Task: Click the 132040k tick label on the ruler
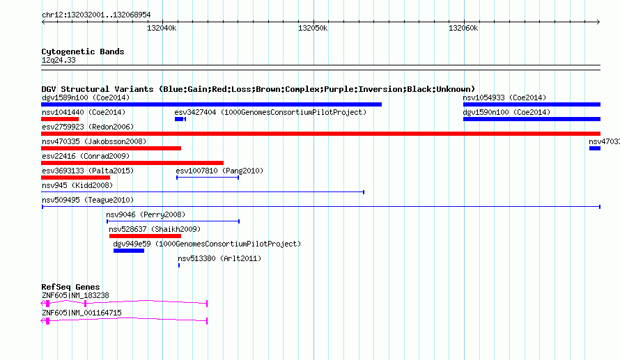(x=162, y=28)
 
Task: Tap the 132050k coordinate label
(x=313, y=28)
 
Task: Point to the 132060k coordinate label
(x=463, y=28)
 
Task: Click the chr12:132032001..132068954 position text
(x=96, y=15)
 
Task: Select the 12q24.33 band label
(x=59, y=60)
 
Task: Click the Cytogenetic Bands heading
(x=83, y=52)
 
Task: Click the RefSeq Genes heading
(x=70, y=287)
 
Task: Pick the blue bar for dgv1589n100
(x=212, y=104)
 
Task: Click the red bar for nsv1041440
(x=60, y=119)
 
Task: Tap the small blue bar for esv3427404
(x=180, y=119)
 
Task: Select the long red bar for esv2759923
(x=320, y=134)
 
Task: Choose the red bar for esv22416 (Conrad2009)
(x=132, y=163)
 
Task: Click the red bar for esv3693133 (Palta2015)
(x=75, y=178)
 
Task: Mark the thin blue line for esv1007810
(x=208, y=178)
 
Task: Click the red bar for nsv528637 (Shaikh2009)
(x=145, y=236)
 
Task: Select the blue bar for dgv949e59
(x=129, y=251)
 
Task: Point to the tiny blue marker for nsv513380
(x=179, y=265)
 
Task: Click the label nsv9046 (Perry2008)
(x=146, y=214)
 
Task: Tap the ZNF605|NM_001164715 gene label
(x=82, y=313)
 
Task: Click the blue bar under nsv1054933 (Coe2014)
(x=532, y=104)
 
